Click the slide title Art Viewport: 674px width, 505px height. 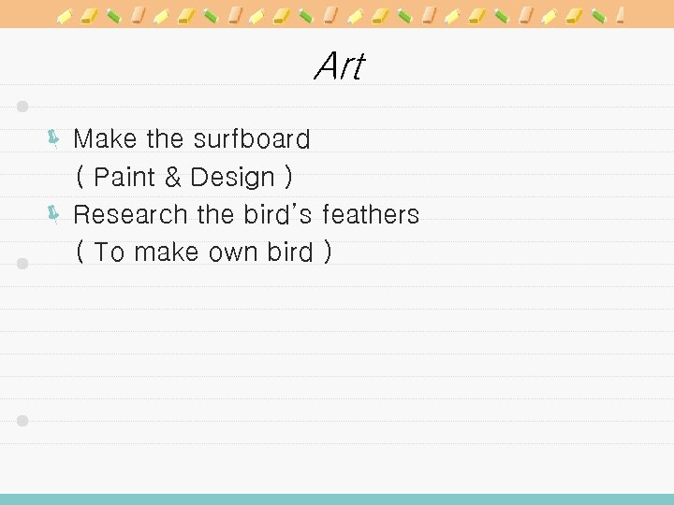339,66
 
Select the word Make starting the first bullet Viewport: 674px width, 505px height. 106,139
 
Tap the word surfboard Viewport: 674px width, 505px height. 251,139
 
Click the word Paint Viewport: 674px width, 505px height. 125,177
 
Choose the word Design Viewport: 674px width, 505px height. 232,177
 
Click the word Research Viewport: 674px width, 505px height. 131,214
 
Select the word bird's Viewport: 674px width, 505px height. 277,214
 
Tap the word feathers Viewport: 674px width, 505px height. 371,214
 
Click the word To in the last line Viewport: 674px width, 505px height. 109,252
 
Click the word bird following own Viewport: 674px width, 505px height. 288,252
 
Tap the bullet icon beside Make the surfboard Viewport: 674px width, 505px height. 54,140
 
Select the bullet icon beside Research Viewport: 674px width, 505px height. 54,215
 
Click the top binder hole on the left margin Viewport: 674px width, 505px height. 23,106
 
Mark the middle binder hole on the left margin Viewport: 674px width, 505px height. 23,264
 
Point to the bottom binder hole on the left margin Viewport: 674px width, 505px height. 23,421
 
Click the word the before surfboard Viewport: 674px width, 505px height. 166,139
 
